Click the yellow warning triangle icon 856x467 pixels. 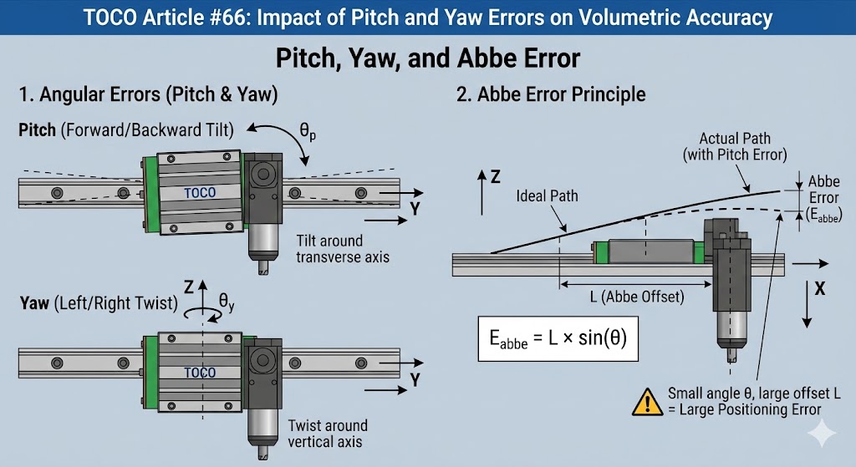pos(647,402)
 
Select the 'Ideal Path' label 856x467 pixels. pos(548,196)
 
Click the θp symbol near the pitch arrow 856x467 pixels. pos(308,132)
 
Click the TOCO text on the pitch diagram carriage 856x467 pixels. pos(199,192)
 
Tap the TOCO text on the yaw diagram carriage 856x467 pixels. pos(199,373)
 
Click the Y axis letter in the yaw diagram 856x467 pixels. pos(414,380)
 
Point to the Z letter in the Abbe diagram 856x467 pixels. pos(495,177)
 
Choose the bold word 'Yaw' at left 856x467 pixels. pos(34,304)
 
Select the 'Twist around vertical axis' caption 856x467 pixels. pos(326,433)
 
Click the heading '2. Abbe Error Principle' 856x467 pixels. pos(551,94)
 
